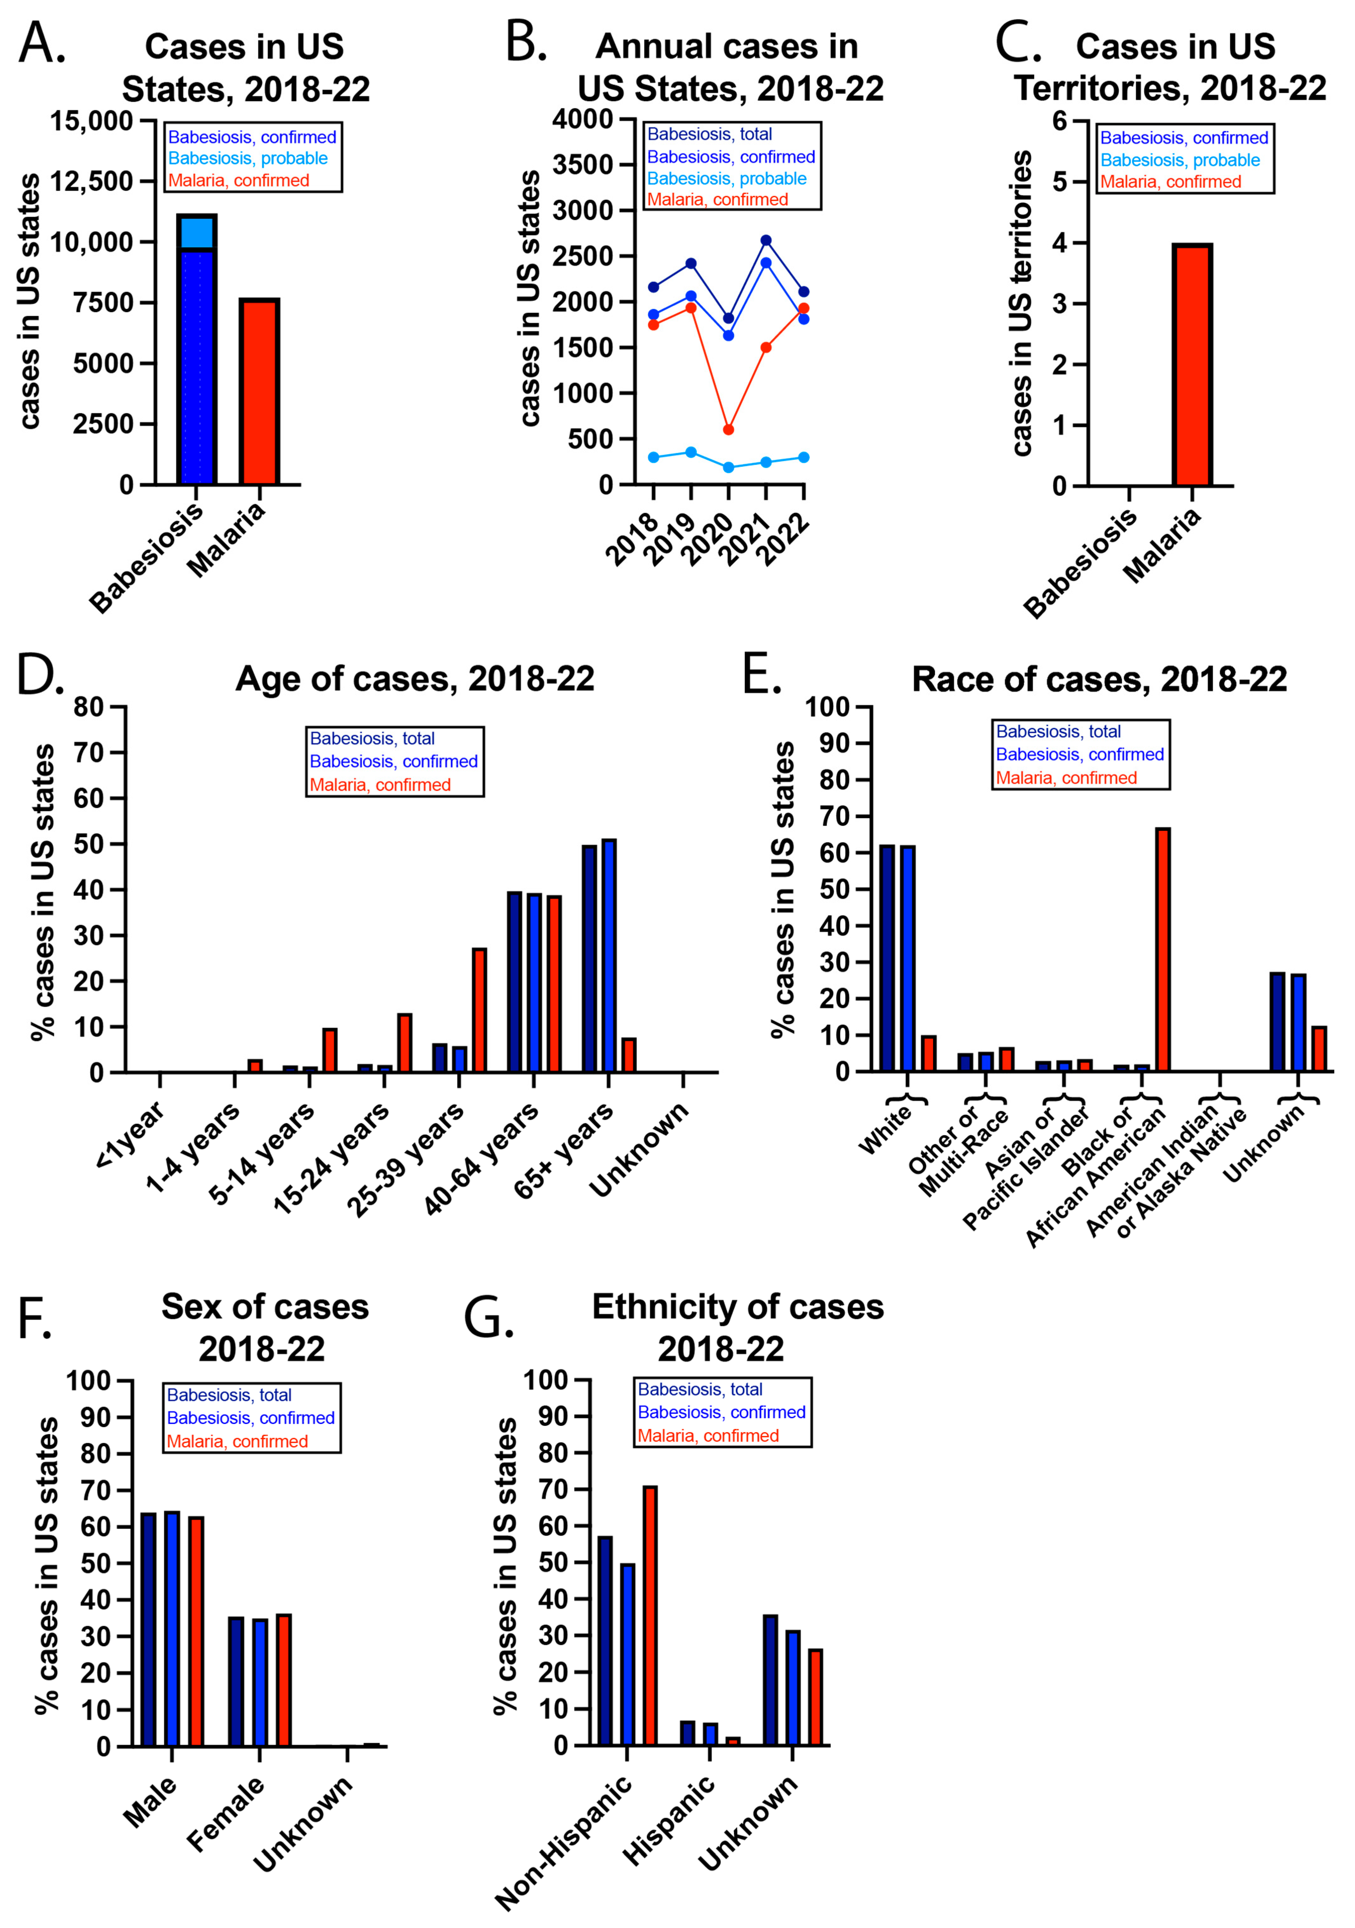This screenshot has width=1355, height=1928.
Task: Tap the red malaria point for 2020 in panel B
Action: point(728,429)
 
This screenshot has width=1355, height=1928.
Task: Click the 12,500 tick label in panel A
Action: point(92,181)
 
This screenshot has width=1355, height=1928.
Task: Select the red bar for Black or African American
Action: point(1163,949)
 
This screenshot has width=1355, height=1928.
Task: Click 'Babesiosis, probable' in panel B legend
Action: point(726,178)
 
